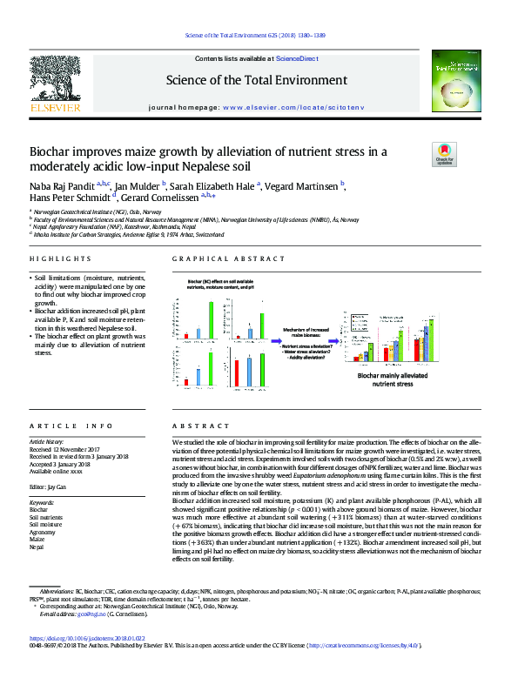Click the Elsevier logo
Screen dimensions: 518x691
click(x=55, y=87)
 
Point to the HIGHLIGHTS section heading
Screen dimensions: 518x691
click(x=60, y=259)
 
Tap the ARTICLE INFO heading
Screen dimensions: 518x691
click(x=71, y=426)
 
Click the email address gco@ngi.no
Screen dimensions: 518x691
click(x=84, y=614)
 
